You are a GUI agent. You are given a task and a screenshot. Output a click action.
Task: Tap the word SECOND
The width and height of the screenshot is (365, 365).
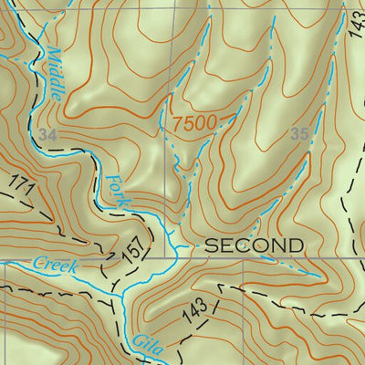click(x=253, y=245)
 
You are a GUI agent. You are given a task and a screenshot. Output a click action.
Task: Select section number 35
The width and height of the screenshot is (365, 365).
click(x=298, y=134)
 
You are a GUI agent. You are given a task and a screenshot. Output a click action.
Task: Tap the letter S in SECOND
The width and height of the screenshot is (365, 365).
click(x=209, y=245)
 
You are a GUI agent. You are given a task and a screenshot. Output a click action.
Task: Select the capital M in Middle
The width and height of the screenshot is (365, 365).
click(x=51, y=53)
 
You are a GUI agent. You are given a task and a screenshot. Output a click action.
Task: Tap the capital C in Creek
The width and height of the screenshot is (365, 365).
click(x=38, y=262)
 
